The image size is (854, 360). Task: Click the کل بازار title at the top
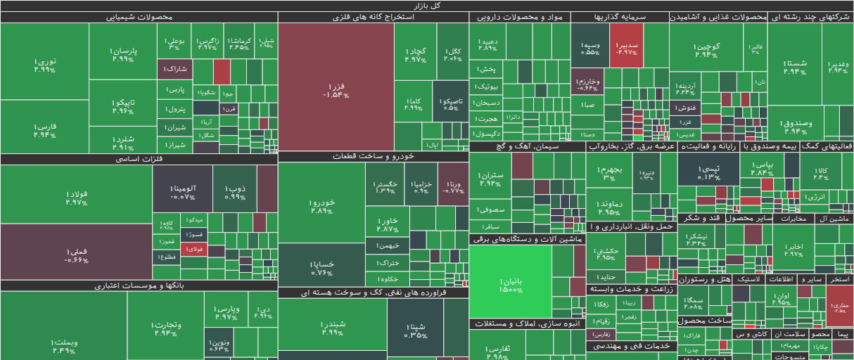click(427, 6)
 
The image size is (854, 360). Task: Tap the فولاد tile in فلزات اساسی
click(76, 197)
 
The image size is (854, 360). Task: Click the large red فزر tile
click(336, 89)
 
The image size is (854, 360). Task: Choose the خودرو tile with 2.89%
click(322, 206)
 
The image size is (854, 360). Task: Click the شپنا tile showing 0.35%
click(416, 330)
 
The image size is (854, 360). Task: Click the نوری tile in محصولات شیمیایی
click(44, 65)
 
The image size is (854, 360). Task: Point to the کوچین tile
click(706, 51)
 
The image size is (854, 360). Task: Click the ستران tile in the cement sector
click(490, 179)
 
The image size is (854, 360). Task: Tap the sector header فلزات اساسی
click(139, 160)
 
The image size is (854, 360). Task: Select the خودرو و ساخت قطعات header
click(373, 156)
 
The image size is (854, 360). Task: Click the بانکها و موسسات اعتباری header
click(139, 285)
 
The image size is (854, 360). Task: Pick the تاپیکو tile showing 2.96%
click(122, 106)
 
